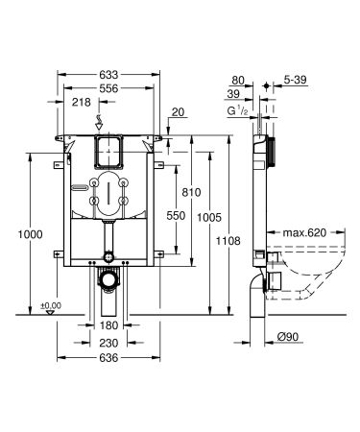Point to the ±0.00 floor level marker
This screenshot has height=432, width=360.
(x=50, y=304)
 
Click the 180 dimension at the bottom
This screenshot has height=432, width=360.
(x=108, y=325)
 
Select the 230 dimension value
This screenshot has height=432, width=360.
(x=108, y=342)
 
